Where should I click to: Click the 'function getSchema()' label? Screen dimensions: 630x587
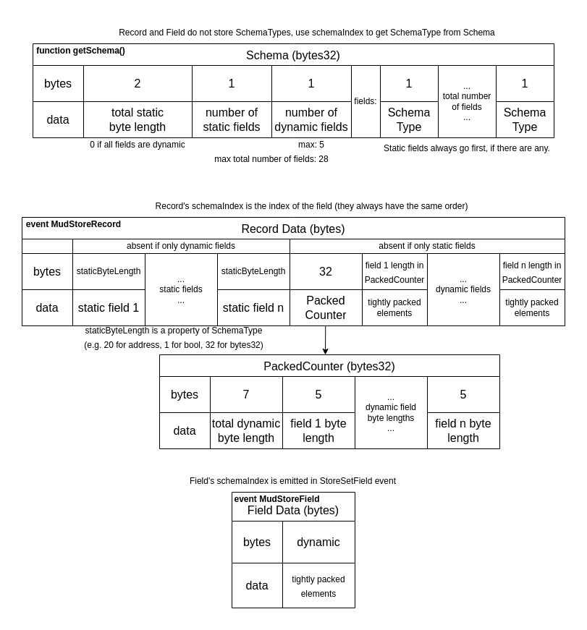click(x=80, y=51)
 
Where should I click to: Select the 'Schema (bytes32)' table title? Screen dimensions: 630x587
click(x=292, y=55)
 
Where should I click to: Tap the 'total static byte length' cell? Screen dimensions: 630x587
click(x=138, y=120)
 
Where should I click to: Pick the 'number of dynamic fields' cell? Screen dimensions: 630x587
click(x=311, y=120)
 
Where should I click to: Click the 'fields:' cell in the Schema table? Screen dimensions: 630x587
click(x=366, y=101)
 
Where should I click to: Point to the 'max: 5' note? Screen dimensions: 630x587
click(x=311, y=145)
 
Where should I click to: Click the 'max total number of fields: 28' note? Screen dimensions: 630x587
click(x=271, y=159)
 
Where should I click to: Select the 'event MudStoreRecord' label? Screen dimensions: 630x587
click(x=73, y=224)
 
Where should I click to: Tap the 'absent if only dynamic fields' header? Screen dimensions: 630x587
click(x=181, y=246)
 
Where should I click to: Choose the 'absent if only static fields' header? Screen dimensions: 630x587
click(x=427, y=246)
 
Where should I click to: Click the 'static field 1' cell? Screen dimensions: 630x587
click(x=109, y=308)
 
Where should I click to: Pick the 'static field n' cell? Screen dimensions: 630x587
click(x=253, y=308)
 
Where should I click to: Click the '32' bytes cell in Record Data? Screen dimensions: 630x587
click(x=326, y=272)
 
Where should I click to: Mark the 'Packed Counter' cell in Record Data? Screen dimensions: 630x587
click(x=326, y=307)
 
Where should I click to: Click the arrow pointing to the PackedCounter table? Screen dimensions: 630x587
click(x=326, y=341)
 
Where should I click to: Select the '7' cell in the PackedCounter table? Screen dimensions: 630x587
click(x=246, y=395)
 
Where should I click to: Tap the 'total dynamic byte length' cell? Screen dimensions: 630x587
click(x=246, y=431)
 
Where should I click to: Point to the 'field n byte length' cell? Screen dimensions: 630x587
click(x=463, y=431)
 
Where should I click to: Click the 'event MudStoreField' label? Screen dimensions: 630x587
click(x=276, y=499)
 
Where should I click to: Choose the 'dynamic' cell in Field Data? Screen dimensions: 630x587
click(x=318, y=542)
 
